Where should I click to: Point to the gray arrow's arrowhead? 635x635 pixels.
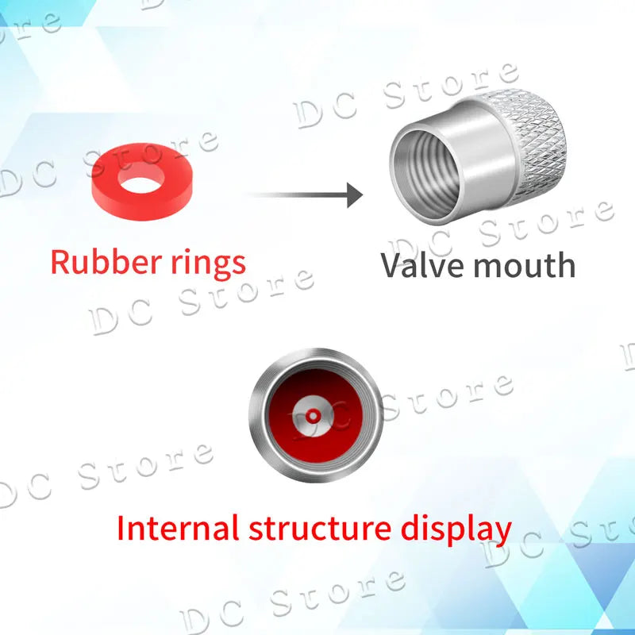tap(354, 194)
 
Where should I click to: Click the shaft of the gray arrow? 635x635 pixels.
tap(294, 194)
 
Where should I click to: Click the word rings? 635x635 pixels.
tap(207, 262)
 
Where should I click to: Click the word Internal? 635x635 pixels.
tap(178, 527)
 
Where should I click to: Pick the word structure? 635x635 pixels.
tap(317, 527)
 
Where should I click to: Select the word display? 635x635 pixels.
tap(456, 529)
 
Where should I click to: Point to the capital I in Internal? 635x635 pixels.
tap(122, 527)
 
